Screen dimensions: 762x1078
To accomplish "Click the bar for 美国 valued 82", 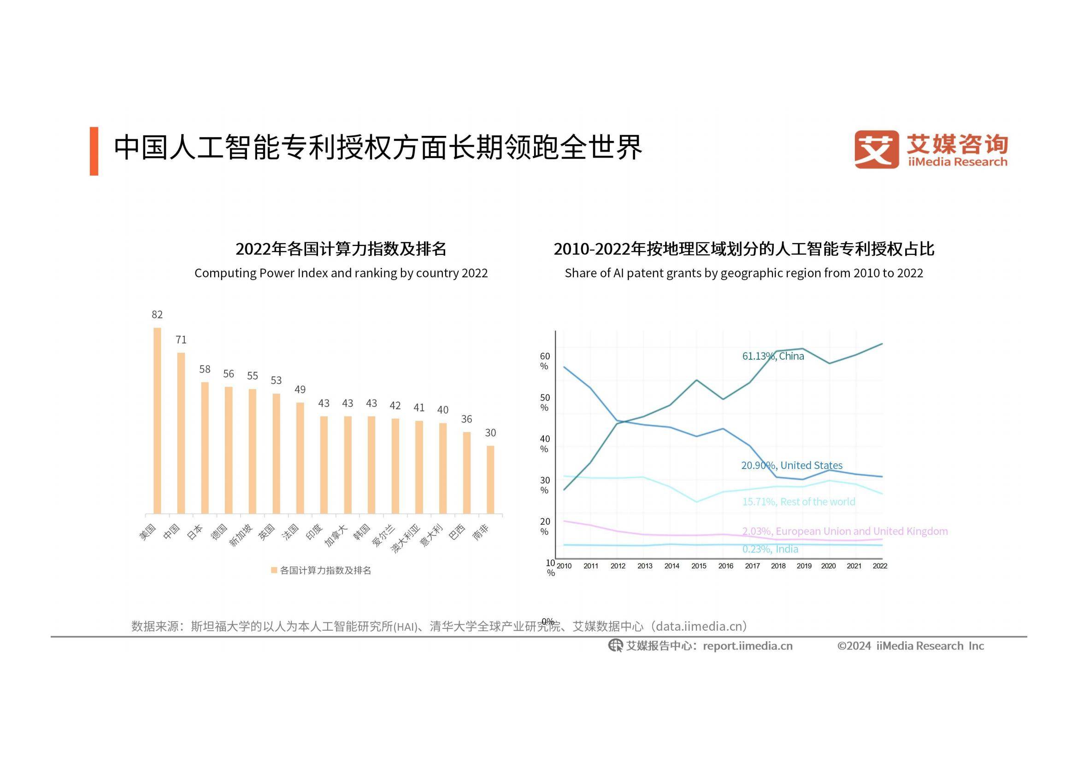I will (157, 421).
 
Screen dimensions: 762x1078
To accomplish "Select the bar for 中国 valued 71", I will (181, 433).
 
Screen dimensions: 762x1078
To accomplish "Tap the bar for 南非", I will (490, 480).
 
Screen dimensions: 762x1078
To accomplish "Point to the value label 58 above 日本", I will (205, 369).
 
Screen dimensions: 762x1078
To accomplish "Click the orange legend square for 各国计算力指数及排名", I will (274, 570).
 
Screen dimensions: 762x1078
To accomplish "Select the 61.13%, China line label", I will (773, 356).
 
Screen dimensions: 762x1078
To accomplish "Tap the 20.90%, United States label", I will (792, 465).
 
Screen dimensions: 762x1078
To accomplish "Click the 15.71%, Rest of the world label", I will (799, 502).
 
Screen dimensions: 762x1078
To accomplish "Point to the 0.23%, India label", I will (770, 549).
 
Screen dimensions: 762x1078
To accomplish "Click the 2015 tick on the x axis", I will (699, 566).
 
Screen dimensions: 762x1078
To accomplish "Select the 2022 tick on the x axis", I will (880, 566).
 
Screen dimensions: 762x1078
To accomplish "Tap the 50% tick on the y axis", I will (545, 403).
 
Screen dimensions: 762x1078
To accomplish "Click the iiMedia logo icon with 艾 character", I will (877, 150).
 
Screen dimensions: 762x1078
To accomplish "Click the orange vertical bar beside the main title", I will (94, 151).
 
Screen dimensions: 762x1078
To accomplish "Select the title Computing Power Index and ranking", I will (341, 273).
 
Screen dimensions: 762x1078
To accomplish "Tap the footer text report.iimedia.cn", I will (748, 646).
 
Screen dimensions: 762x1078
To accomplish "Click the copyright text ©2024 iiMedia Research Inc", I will (910, 646).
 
